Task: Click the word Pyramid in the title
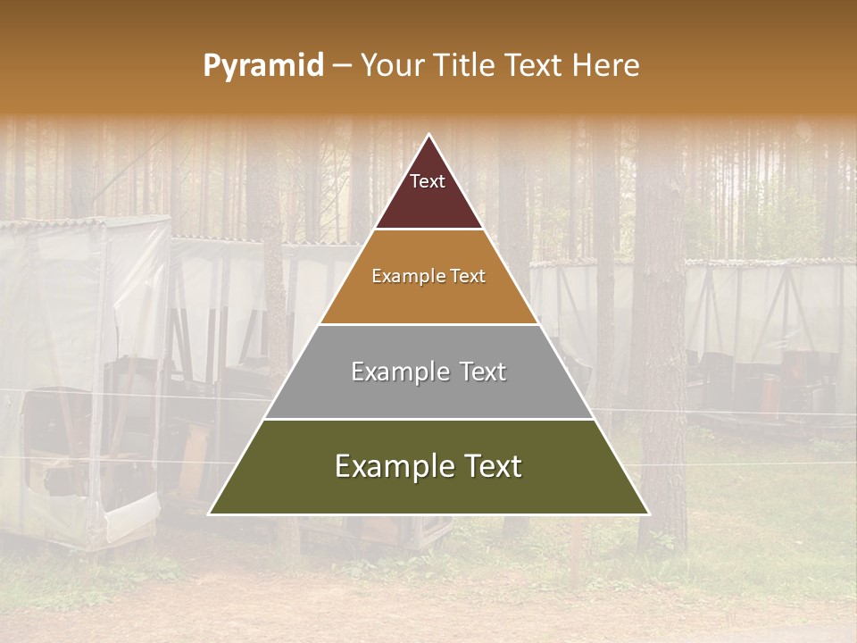pyautogui.click(x=263, y=66)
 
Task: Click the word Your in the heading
pyautogui.click(x=394, y=66)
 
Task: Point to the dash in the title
pyautogui.click(x=342, y=66)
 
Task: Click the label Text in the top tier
pyautogui.click(x=428, y=181)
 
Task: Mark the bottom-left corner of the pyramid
pyautogui.click(x=209, y=514)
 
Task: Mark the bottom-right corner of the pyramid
pyautogui.click(x=649, y=514)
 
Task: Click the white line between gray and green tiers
pyautogui.click(x=428, y=419)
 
